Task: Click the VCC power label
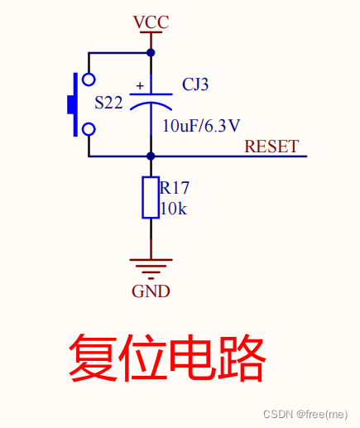coord(151,22)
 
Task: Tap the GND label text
coord(151,291)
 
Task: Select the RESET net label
coord(271,147)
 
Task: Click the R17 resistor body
coord(151,197)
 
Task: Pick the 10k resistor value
coord(174,209)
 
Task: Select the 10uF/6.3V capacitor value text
coord(201,126)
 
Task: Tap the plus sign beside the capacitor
coord(139,85)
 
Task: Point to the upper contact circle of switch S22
coord(88,79)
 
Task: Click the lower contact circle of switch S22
coord(88,129)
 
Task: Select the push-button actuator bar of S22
coord(74,104)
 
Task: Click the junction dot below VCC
coord(151,52)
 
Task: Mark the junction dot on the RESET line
coord(151,156)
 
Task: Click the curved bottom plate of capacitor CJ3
coord(151,108)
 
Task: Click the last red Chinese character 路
coord(242,358)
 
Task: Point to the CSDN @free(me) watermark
coord(305,414)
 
